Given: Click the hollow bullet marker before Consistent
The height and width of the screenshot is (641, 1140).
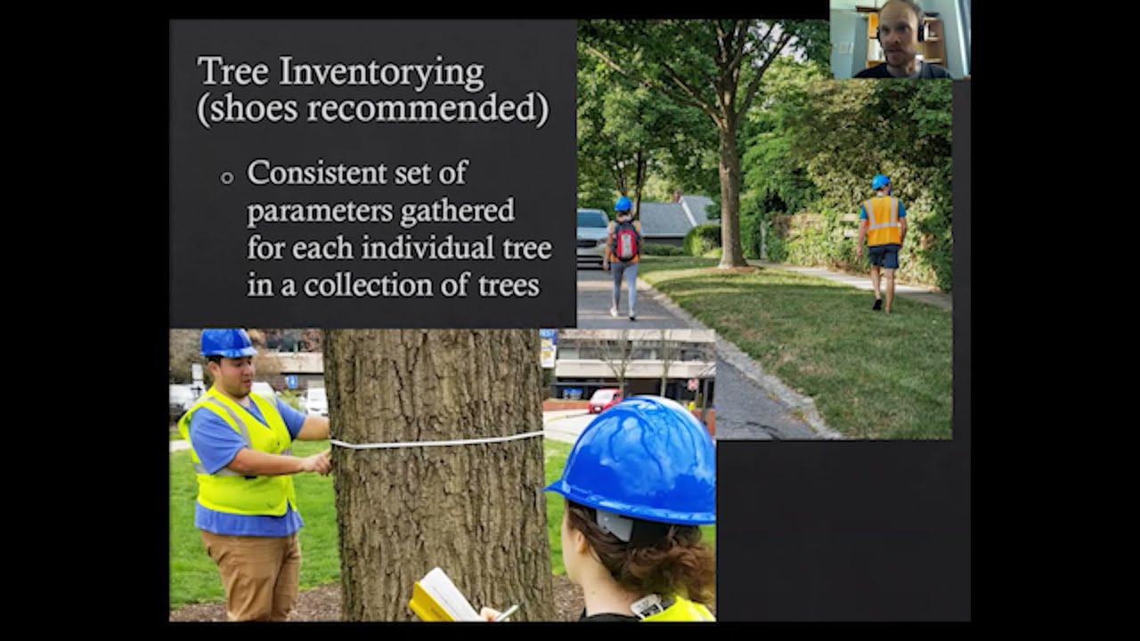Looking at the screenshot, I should [x=227, y=177].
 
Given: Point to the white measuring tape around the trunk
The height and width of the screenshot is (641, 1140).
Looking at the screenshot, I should [x=436, y=441].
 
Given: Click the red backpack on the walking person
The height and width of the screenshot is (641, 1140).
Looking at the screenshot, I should [x=626, y=240].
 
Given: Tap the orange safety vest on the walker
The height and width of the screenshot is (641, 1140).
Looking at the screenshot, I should [x=882, y=221].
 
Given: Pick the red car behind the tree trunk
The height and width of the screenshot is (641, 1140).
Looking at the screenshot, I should [x=605, y=401].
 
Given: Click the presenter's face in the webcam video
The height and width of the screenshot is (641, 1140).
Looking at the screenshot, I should [x=898, y=36].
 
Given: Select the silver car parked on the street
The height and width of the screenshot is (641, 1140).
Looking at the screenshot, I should [x=590, y=235].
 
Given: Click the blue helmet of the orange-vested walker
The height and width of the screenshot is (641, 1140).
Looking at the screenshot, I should [x=881, y=183].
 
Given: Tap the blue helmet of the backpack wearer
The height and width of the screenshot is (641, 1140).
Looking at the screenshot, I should [x=623, y=204].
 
